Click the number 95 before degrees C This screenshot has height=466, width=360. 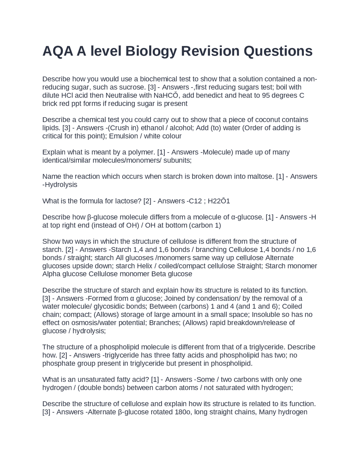pyautogui.click(x=266, y=95)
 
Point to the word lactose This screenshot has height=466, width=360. pyautogui.click(x=128, y=201)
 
